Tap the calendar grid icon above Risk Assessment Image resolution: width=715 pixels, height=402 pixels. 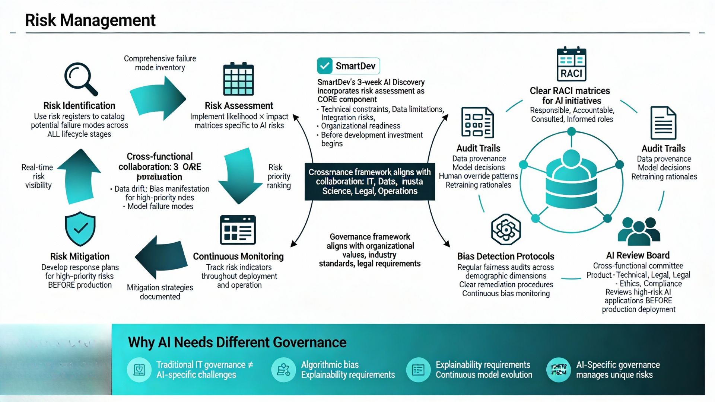[238, 79]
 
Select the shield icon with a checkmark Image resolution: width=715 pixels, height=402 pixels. [80, 229]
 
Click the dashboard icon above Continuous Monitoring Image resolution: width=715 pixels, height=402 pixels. [238, 230]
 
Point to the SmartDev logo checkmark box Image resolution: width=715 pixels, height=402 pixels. [325, 66]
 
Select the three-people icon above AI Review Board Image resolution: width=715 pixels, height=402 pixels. [639, 231]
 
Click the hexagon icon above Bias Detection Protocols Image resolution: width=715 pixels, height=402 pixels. [506, 229]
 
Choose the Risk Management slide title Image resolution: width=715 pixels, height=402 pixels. [90, 20]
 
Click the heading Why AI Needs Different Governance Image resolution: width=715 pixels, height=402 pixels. [237, 342]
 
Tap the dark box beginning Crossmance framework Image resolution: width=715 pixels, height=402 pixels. [370, 182]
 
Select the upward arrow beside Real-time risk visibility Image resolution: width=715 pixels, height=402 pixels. [79, 176]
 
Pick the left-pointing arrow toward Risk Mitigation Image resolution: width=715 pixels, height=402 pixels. [161, 257]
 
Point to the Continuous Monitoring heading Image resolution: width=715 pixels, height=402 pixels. [238, 256]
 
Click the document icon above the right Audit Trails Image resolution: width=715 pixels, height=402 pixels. [663, 123]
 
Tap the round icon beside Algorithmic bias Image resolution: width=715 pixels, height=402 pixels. [283, 370]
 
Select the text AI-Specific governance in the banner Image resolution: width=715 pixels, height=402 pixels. [618, 365]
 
